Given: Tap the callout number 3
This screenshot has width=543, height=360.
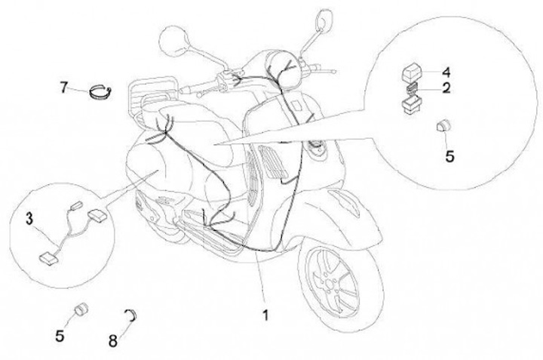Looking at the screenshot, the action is point(29,219).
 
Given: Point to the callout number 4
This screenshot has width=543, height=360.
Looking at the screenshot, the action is point(446,72).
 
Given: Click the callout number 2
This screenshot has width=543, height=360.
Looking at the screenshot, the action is point(446,89).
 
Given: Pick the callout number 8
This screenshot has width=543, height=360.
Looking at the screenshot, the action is point(112,340).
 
